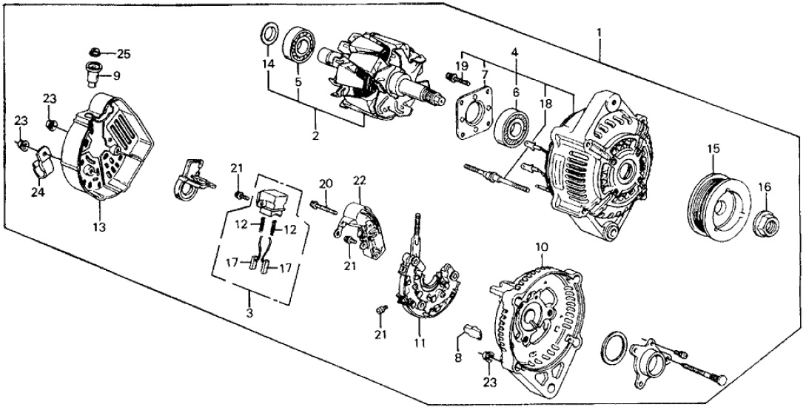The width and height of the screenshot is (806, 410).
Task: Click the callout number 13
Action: pos(100,228)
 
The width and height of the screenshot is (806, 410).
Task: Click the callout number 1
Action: pos(599,33)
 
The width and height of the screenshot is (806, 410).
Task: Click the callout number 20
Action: pos(324,184)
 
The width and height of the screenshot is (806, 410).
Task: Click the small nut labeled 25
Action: pos(95,52)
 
